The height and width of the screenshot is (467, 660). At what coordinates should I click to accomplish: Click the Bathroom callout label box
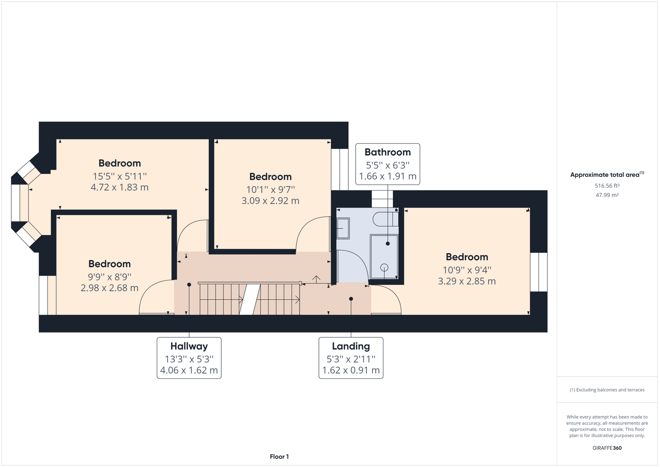pos(387,164)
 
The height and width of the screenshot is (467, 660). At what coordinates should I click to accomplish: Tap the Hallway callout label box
pos(189,358)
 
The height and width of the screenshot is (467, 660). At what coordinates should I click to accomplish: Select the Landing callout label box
pos(351,358)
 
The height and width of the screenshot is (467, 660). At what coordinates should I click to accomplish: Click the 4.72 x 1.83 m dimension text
pos(120,187)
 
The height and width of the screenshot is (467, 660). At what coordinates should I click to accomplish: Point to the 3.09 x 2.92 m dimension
pos(270,201)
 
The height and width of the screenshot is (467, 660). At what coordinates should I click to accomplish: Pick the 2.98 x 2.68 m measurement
pos(109,288)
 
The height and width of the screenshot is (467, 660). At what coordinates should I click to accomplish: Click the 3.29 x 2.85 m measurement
pos(467,281)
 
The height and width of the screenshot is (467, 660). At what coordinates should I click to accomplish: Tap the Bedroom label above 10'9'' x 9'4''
pos(467,257)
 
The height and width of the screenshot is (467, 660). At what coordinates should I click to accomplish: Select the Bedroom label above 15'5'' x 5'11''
pos(120,163)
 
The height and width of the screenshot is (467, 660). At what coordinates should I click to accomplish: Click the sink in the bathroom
pos(343,228)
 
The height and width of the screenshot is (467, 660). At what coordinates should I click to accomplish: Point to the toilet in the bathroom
pos(385,219)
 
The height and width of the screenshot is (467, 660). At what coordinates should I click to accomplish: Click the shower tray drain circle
pos(384,268)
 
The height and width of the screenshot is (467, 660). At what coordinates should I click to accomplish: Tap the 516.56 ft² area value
pos(607,186)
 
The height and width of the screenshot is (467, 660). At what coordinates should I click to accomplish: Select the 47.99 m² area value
pos(607,195)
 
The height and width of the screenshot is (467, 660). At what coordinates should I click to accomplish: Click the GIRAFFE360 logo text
pos(607,448)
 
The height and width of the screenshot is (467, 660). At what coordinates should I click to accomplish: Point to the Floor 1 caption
pos(279,457)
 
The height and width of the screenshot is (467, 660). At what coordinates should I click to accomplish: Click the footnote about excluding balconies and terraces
pos(607,390)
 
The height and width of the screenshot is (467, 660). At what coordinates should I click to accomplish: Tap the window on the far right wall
pos(539,272)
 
